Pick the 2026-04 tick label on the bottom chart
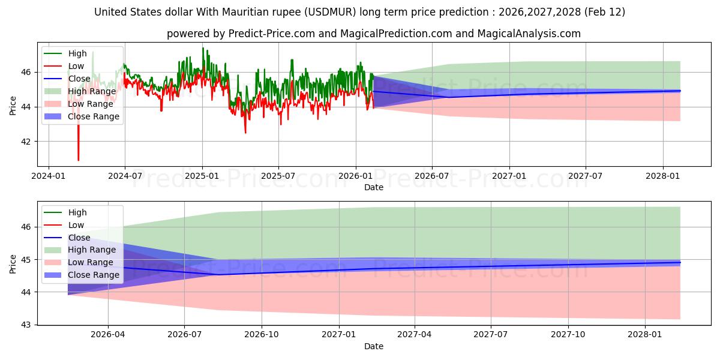point(108,334)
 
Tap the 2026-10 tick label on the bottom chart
point(262,334)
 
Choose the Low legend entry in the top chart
point(76,66)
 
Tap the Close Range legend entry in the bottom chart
point(94,275)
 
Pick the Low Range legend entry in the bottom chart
point(91,262)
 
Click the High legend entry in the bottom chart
point(77,212)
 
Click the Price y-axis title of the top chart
point(13,106)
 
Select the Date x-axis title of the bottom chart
point(373,346)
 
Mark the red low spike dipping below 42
point(78,157)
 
